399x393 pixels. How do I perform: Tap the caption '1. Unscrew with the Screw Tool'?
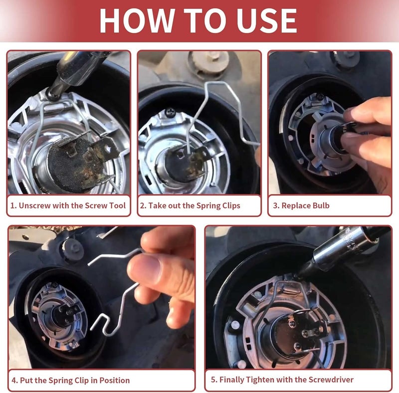pyautogui.click(x=69, y=205)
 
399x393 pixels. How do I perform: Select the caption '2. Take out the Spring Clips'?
pyautogui.click(x=190, y=205)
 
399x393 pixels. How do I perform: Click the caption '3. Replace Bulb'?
pyautogui.click(x=301, y=205)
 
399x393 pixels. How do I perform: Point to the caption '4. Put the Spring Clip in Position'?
pyautogui.click(x=71, y=380)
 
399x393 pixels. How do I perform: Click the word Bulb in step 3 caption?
pyautogui.click(x=319, y=205)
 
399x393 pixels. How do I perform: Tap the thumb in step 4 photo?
pyautogui.click(x=150, y=272)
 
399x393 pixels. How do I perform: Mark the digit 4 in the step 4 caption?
pyautogui.click(x=14, y=380)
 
